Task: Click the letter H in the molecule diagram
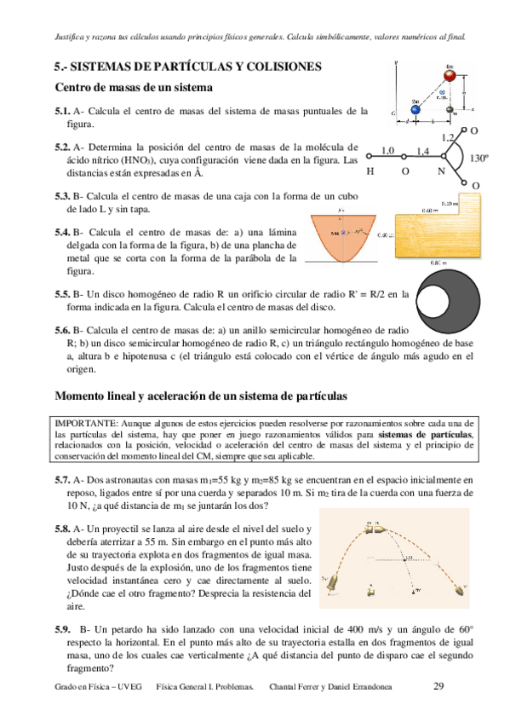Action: pyautogui.click(x=370, y=171)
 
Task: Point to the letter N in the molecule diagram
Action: pyautogui.click(x=441, y=171)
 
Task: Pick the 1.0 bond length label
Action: pyautogui.click(x=389, y=151)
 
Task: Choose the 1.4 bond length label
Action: pyautogui.click(x=423, y=151)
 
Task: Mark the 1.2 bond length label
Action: pyautogui.click(x=448, y=137)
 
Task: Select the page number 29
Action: pyautogui.click(x=439, y=685)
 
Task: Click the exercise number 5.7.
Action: pyautogui.click(x=62, y=481)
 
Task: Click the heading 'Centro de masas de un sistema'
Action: pyautogui.click(x=133, y=87)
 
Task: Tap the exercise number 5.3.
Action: pyautogui.click(x=62, y=195)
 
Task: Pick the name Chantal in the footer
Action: pyautogui.click(x=283, y=686)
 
